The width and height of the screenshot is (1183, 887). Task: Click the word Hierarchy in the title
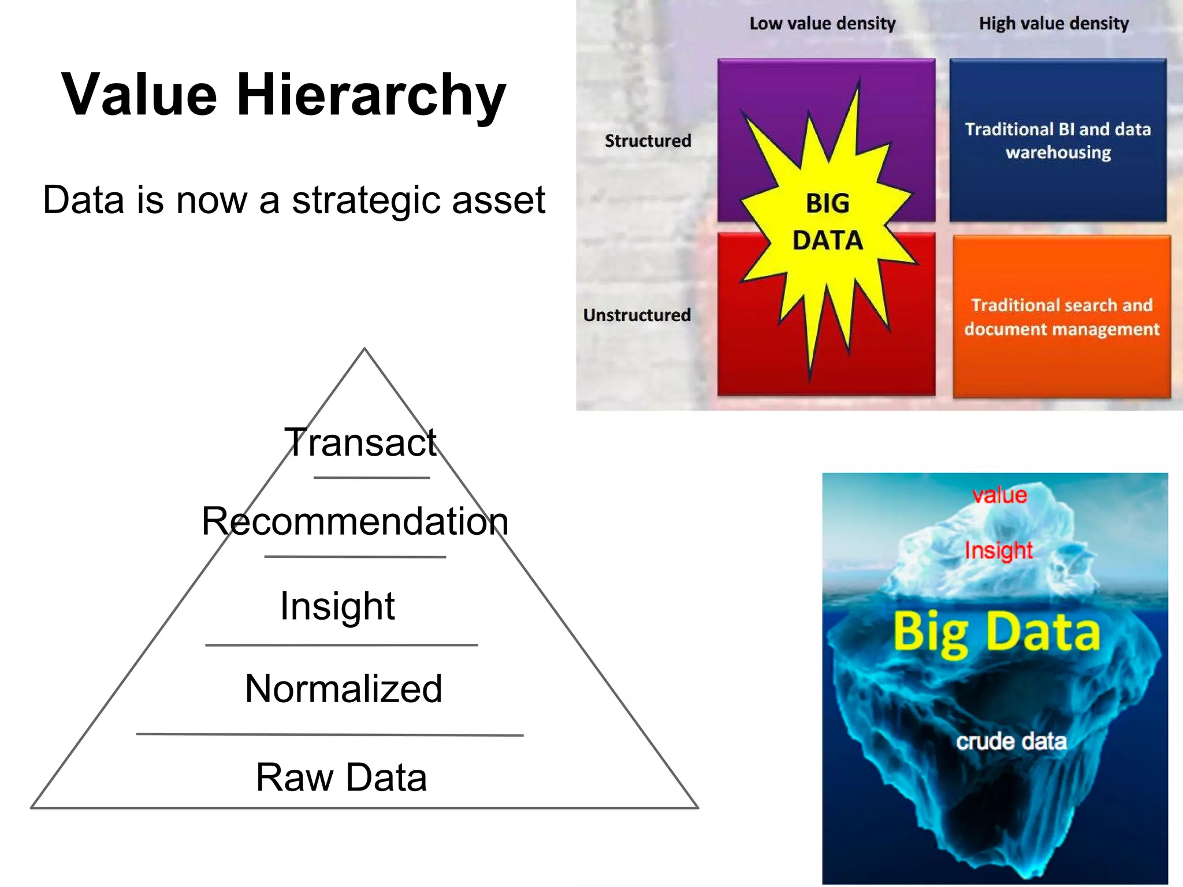tap(371, 96)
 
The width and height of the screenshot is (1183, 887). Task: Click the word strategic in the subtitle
tap(366, 200)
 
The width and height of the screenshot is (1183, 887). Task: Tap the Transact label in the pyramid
tap(360, 443)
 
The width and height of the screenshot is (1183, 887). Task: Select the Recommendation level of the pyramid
tap(355, 521)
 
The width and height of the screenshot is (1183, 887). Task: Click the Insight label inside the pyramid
tap(337, 606)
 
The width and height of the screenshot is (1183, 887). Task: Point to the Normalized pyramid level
tap(343, 689)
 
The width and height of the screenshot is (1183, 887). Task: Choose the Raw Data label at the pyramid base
tap(341, 777)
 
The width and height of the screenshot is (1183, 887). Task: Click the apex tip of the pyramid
tap(364, 350)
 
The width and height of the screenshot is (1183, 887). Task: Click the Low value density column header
tap(822, 24)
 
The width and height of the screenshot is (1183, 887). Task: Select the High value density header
tap(1053, 24)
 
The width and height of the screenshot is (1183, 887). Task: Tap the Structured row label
tap(648, 141)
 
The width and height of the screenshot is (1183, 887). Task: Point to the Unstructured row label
tap(637, 315)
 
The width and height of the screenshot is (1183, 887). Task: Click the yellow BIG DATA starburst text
tap(827, 222)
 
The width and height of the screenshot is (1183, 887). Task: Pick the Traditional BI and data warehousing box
tap(1058, 140)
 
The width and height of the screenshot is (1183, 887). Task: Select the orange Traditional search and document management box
tap(1061, 317)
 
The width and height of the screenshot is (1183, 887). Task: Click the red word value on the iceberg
tap(999, 495)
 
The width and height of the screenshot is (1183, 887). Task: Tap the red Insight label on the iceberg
tap(999, 550)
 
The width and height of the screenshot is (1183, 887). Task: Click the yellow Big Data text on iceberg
tap(996, 633)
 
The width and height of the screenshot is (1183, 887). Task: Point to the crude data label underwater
tap(1011, 741)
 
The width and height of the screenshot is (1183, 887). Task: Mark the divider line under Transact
tap(371, 478)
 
